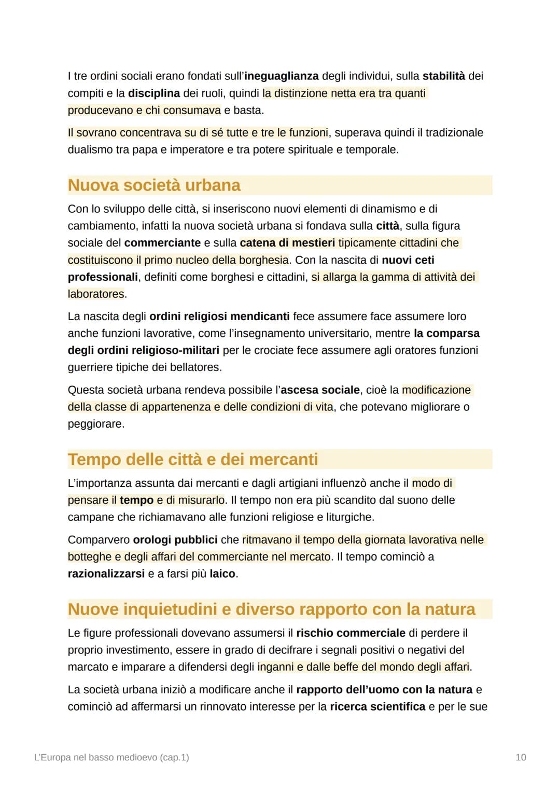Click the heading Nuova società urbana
click(154, 185)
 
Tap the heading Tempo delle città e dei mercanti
click(192, 459)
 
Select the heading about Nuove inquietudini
click(271, 609)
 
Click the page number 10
click(521, 757)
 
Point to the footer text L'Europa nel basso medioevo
click(111, 757)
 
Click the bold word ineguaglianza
click(282, 76)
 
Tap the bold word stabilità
click(444, 76)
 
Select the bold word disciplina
click(154, 93)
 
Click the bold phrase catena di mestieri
click(287, 243)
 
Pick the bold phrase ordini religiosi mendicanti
click(219, 316)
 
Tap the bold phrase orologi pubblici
click(175, 540)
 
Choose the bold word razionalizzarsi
click(106, 573)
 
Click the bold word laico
click(222, 573)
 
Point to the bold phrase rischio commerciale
click(351, 633)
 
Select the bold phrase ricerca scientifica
click(377, 706)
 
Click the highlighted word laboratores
click(96, 294)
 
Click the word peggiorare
click(96, 423)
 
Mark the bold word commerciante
click(162, 243)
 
